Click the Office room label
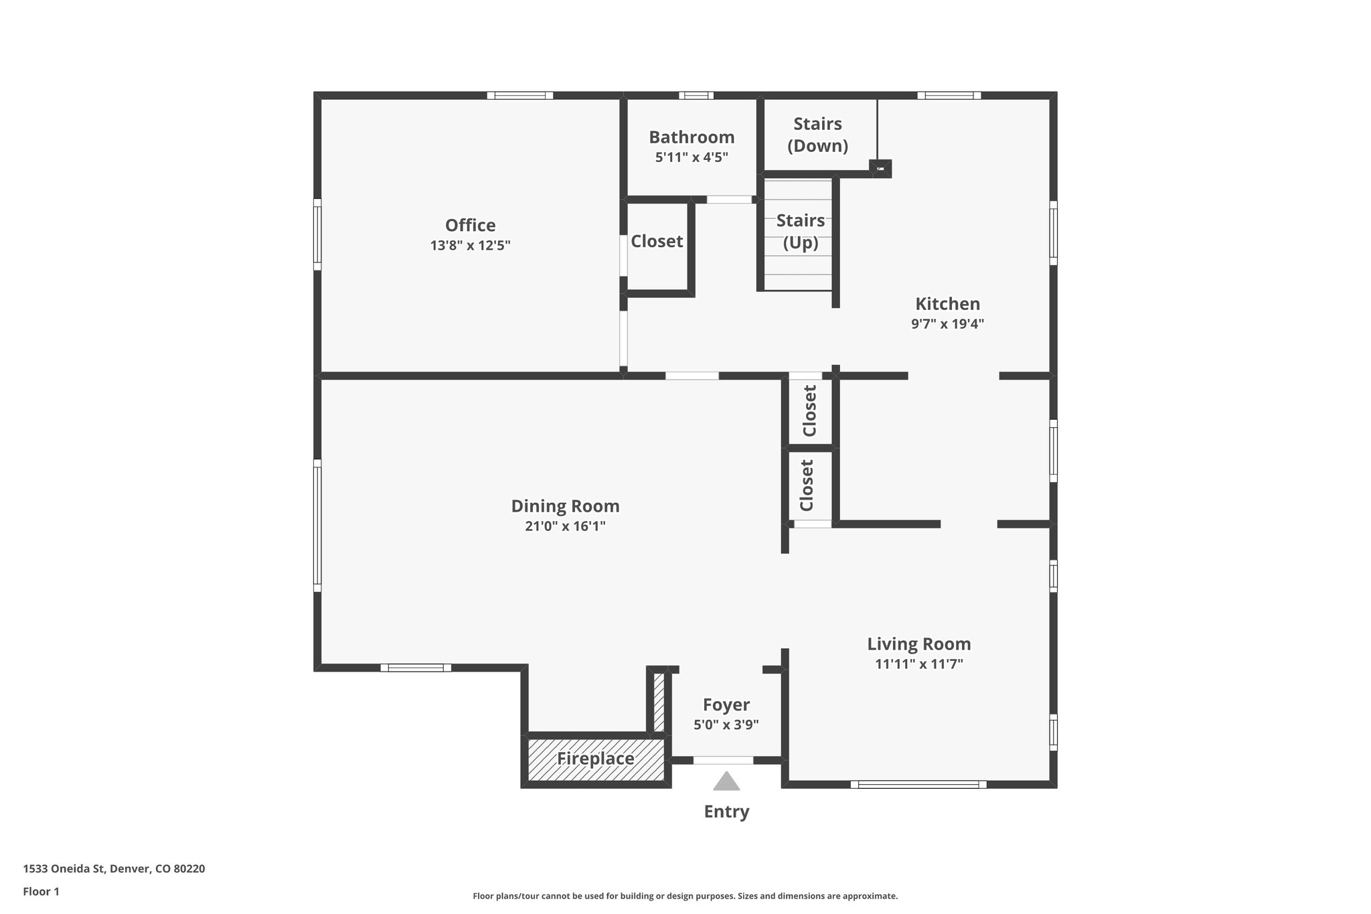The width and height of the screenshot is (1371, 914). (x=470, y=225)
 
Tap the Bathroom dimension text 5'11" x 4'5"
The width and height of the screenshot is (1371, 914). (x=692, y=157)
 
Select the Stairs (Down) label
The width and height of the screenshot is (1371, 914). (x=817, y=135)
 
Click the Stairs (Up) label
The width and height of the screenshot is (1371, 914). (x=801, y=231)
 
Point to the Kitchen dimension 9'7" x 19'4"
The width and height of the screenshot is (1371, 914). (x=947, y=324)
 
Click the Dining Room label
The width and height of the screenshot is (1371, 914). (x=565, y=506)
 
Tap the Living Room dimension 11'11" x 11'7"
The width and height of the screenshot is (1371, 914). (x=918, y=664)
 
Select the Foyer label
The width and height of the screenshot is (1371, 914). (x=726, y=704)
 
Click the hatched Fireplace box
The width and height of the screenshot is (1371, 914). (x=595, y=759)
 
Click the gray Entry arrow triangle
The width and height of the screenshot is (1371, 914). (x=726, y=782)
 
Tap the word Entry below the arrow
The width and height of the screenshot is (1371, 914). (x=726, y=812)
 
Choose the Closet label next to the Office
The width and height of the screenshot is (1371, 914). (x=657, y=241)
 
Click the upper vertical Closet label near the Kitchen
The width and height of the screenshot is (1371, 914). (x=809, y=410)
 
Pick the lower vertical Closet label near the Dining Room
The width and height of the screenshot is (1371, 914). (x=807, y=485)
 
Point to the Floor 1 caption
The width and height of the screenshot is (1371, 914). (x=41, y=891)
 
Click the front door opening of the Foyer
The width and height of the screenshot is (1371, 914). (x=723, y=760)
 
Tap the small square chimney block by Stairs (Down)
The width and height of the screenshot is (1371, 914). (x=880, y=168)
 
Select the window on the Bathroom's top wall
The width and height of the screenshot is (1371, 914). (x=696, y=95)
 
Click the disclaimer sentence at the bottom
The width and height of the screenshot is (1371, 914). (x=685, y=896)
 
